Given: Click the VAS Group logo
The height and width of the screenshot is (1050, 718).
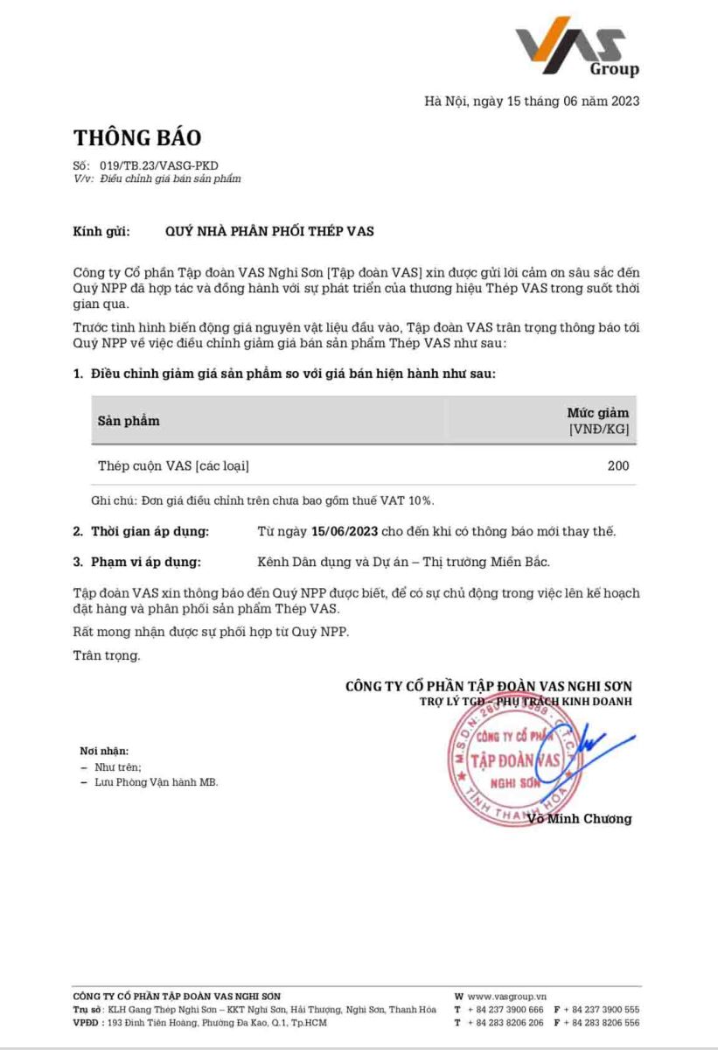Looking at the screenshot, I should pyautogui.click(x=576, y=47).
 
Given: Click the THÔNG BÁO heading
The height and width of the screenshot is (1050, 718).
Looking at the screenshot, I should pyautogui.click(x=137, y=138).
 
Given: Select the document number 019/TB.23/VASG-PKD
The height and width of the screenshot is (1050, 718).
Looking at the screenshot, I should pyautogui.click(x=149, y=165).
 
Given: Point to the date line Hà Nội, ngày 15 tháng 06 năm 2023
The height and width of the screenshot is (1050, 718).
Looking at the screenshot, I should pyautogui.click(x=532, y=101).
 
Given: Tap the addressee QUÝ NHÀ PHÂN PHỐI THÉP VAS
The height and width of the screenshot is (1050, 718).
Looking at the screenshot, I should pyautogui.click(x=269, y=232).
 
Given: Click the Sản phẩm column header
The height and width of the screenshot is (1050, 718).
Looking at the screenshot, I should pyautogui.click(x=129, y=421).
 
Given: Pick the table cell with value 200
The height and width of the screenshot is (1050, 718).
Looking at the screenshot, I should pyautogui.click(x=618, y=466).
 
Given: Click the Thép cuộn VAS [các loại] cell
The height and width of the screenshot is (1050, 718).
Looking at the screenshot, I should pyautogui.click(x=173, y=466).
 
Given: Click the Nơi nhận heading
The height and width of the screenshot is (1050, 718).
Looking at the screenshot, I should pyautogui.click(x=104, y=751).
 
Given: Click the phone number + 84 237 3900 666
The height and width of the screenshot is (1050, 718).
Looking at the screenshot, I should pyautogui.click(x=505, y=1010).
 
